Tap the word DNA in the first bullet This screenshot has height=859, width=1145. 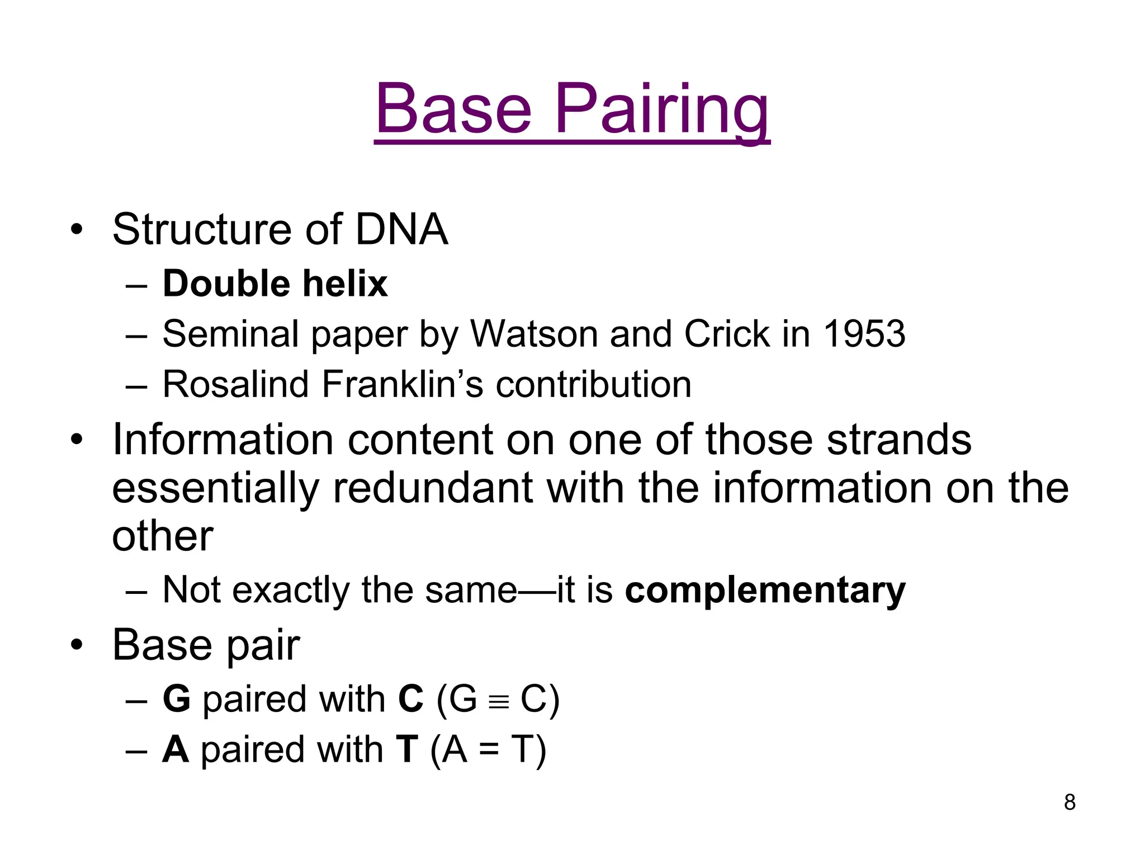click(x=401, y=229)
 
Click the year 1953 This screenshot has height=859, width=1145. click(x=864, y=334)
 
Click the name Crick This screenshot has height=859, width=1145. click(x=727, y=334)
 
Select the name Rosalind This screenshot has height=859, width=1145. click(x=235, y=384)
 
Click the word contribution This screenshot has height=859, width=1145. click(x=594, y=384)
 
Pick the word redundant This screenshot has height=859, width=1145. click(x=433, y=488)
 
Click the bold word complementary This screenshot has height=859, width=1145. click(x=765, y=591)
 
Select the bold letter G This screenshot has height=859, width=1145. click(x=177, y=699)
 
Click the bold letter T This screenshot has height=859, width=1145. click(x=406, y=749)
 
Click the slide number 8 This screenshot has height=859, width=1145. click(x=1070, y=803)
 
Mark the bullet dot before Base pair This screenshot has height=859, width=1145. click(x=77, y=645)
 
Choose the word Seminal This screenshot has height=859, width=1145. click(x=230, y=334)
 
